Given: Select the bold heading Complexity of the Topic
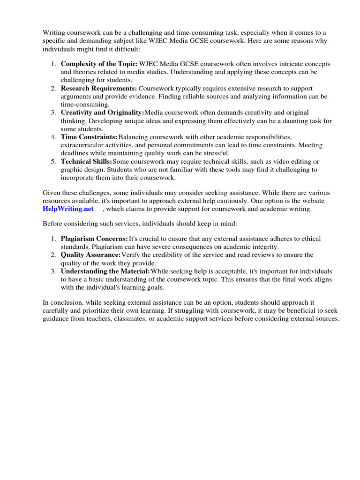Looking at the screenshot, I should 99,64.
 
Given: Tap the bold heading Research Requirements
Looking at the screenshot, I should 99,89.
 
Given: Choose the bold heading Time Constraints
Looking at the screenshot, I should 89,137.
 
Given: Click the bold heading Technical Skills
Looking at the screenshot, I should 86,162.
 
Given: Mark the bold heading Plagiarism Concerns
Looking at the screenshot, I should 94,239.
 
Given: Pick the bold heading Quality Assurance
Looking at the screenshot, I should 90,255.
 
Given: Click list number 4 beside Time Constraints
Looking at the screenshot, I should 53,137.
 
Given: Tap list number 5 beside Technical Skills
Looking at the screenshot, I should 53,162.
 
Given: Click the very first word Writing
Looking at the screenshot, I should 54,32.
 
